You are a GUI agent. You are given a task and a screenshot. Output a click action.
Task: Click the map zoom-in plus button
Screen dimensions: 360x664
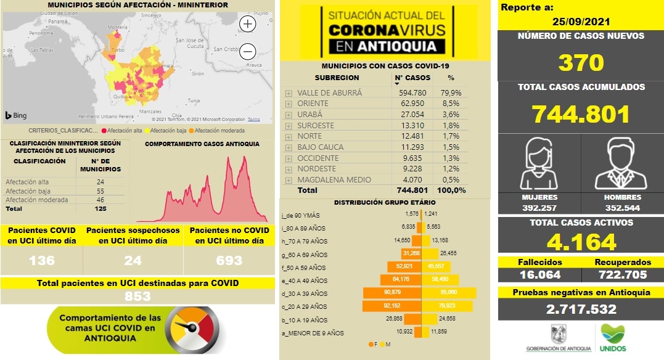(x=248, y=24)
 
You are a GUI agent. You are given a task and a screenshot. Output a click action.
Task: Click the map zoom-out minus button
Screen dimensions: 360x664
(x=248, y=51)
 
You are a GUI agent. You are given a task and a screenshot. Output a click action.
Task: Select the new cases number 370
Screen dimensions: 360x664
(x=581, y=62)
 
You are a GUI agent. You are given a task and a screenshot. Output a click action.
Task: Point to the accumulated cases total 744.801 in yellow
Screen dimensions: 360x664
(x=581, y=114)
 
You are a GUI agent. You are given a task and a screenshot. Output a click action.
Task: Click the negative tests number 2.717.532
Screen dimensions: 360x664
(x=581, y=308)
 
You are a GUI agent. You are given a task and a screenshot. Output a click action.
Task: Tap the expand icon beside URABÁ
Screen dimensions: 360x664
(x=289, y=115)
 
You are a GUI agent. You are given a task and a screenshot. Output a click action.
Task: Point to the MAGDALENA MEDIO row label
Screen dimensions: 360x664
(x=334, y=180)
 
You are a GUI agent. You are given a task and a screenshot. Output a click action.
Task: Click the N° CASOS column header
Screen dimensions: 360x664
(x=412, y=78)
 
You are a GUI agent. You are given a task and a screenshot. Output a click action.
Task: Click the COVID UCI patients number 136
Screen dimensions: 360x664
(x=43, y=261)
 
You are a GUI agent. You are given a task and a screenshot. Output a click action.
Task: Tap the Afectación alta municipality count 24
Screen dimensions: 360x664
(x=100, y=182)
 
